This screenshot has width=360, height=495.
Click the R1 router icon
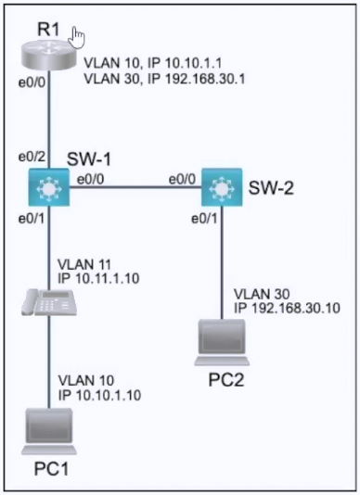click(49, 57)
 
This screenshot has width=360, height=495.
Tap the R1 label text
click(48, 30)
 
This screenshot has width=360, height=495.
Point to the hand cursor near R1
click(77, 38)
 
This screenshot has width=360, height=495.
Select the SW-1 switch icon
click(49, 187)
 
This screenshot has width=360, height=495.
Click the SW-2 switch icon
click(222, 187)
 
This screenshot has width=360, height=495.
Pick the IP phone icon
click(49, 302)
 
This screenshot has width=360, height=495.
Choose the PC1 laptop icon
click(49, 431)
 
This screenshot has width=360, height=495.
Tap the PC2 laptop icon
click(222, 343)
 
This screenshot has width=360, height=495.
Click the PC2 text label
click(226, 380)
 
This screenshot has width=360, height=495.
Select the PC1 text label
click(51, 469)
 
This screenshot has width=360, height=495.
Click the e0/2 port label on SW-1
click(32, 157)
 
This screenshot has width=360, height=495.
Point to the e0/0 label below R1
click(32, 82)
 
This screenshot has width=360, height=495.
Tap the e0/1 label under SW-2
click(204, 219)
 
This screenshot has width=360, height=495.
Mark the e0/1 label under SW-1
click(32, 219)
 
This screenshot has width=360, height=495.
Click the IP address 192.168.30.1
click(205, 79)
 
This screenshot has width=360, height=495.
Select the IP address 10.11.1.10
click(108, 278)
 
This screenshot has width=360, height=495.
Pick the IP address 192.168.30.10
click(296, 308)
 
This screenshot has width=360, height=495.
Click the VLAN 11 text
click(84, 264)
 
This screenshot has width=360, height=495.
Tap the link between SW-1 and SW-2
click(135, 187)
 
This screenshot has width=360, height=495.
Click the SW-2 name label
click(271, 188)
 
